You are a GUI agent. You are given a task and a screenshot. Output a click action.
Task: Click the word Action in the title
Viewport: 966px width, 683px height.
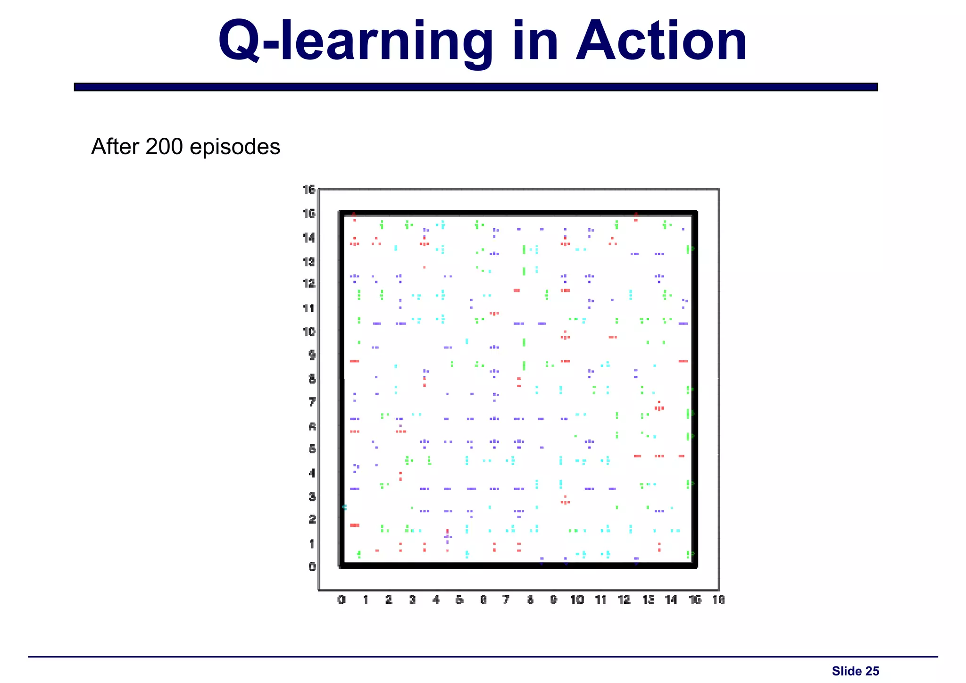661,42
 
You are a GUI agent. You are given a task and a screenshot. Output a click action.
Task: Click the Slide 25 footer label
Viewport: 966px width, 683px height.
855,671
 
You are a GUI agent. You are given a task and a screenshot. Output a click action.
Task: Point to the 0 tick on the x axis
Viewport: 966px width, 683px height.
341,600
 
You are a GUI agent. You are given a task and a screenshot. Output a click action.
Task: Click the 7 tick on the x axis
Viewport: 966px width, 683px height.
506,600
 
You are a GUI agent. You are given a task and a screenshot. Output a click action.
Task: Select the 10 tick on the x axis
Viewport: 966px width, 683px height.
577,600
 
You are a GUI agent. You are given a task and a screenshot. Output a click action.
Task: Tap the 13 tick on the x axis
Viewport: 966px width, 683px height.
648,600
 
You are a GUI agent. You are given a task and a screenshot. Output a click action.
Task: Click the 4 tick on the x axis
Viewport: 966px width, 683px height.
436,600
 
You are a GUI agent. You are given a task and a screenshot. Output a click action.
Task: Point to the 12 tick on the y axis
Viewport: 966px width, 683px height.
309,283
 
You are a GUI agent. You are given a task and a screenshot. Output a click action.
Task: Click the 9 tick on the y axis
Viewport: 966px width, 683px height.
312,355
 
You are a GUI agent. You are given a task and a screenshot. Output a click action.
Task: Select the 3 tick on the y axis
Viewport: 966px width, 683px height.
312,496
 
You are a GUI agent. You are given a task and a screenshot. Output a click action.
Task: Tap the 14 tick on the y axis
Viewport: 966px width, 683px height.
309,237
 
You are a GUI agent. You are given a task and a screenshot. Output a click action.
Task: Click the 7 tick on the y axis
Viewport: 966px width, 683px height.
312,402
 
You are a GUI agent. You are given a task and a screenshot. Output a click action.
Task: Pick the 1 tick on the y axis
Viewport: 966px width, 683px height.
312,543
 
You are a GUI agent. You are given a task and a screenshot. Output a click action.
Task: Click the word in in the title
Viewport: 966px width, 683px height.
534,42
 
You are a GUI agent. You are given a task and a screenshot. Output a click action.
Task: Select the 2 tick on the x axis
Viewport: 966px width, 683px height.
389,600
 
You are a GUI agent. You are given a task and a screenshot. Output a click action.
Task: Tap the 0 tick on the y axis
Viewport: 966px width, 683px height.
312,566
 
